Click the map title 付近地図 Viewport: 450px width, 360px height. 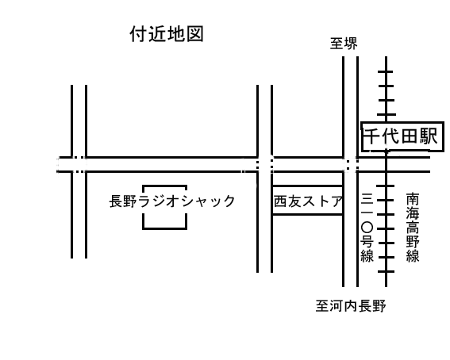coord(167,34)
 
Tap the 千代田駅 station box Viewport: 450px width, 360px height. coord(402,136)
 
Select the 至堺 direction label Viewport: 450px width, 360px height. coord(344,44)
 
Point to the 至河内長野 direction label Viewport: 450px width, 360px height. coord(351,306)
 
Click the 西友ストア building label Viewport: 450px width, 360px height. coord(308,201)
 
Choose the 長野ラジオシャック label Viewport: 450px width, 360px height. coord(172,201)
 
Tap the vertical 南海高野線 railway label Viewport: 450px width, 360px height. coord(413,228)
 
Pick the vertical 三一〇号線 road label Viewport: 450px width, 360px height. coord(367,228)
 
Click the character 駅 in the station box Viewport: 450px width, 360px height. coord(429,136)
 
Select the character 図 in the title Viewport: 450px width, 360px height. coord(195,34)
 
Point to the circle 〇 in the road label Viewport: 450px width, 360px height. coord(367,228)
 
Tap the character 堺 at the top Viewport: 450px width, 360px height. coord(351,44)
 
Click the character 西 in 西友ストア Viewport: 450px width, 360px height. coord(281,201)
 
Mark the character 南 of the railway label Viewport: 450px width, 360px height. coord(413,200)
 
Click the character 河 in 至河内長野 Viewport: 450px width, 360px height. coord(337,306)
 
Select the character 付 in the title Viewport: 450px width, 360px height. coord(139,34)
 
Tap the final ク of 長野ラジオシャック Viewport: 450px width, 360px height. coord(228,201)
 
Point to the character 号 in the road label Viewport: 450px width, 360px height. coord(367,242)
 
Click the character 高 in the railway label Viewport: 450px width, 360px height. coord(413,228)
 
